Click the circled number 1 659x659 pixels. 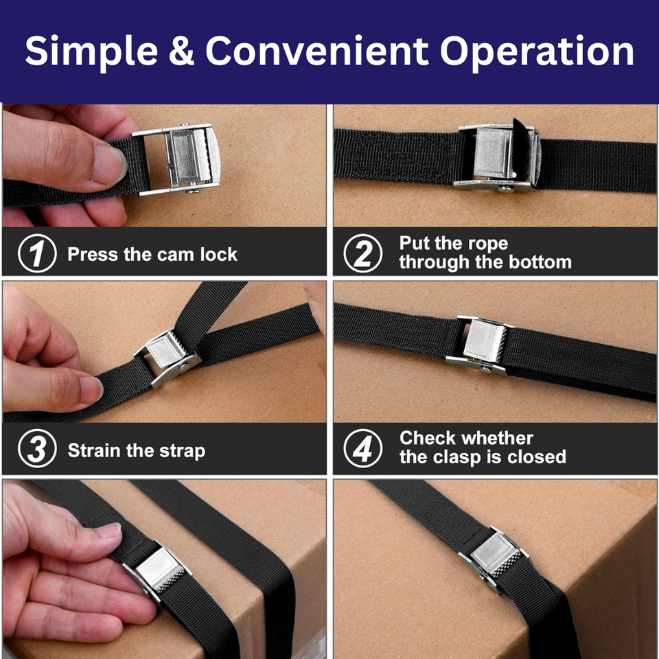click(x=36, y=255)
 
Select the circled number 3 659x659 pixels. click(x=36, y=450)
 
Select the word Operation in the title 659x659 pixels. click(x=537, y=52)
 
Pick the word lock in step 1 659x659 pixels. click(x=218, y=255)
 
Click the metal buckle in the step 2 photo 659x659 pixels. click(x=498, y=157)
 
